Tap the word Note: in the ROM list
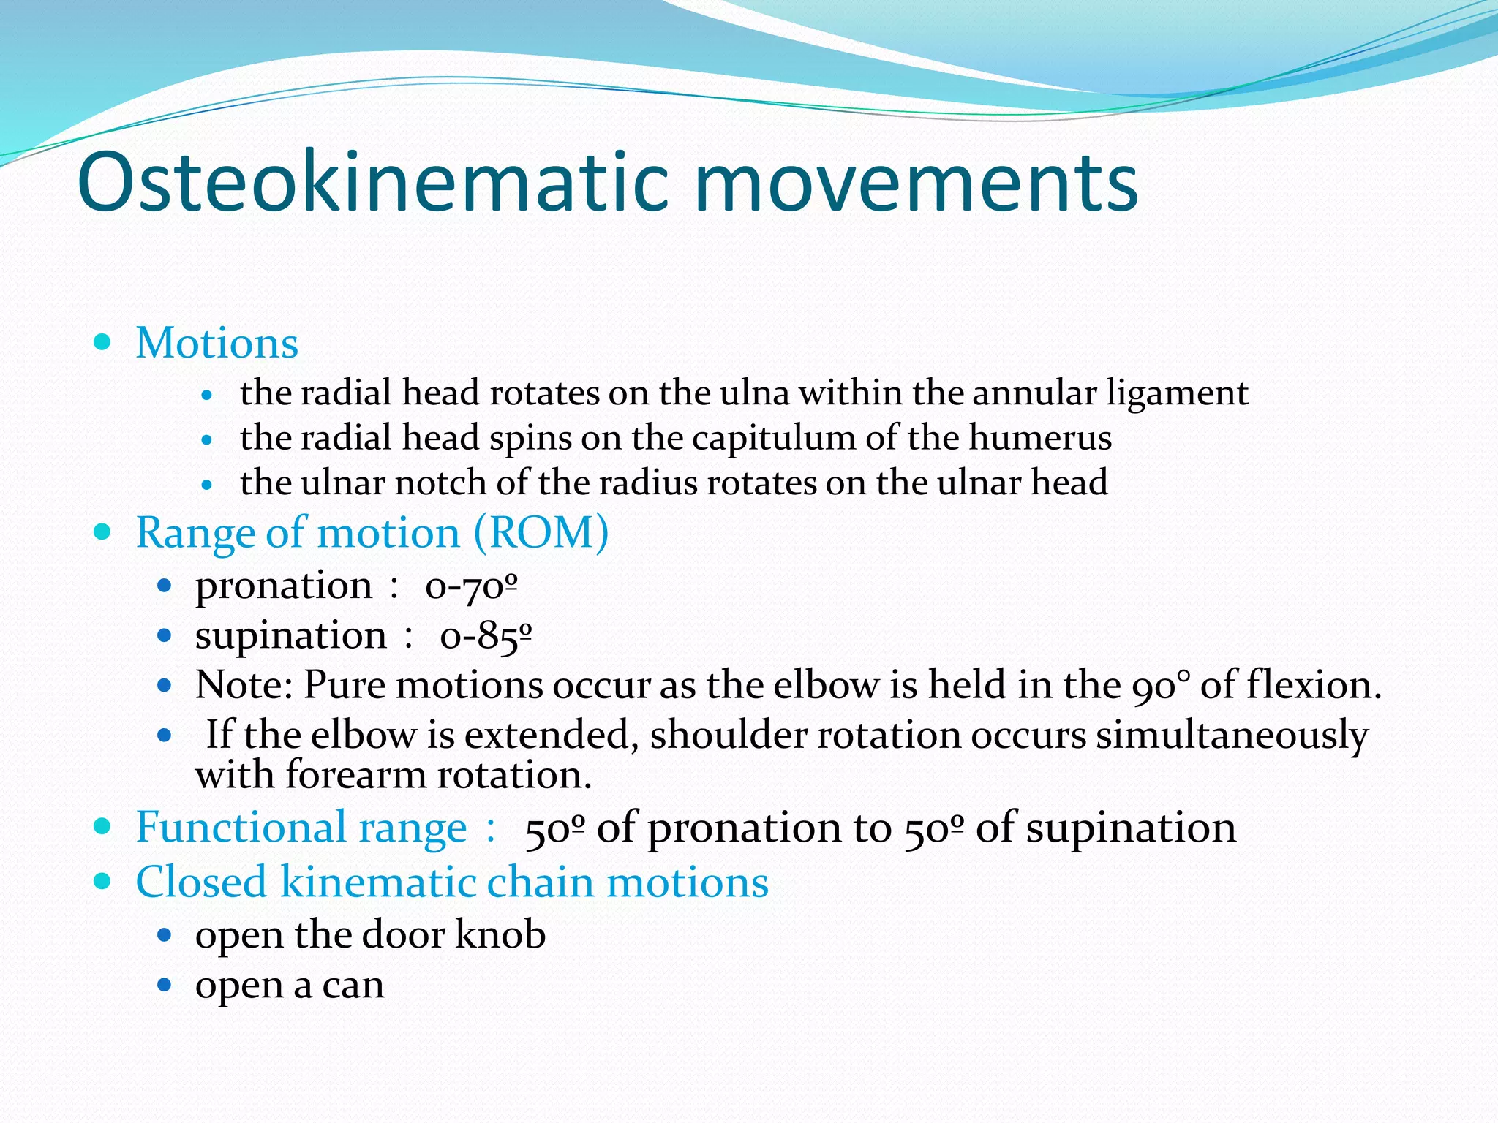244,685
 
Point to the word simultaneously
1232,735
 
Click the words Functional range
301,828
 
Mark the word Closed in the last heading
200,882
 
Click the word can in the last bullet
353,986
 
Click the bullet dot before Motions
102,341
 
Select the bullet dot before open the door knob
165,934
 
